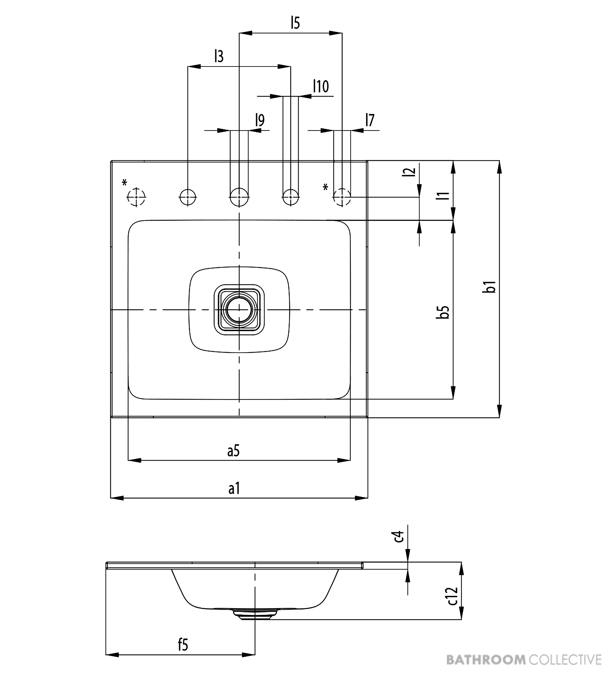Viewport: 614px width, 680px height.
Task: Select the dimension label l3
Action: pyautogui.click(x=219, y=56)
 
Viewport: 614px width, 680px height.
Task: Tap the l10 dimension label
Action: pyautogui.click(x=321, y=86)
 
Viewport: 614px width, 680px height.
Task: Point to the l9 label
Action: pyautogui.click(x=260, y=120)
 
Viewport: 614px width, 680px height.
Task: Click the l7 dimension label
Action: pyautogui.click(x=370, y=120)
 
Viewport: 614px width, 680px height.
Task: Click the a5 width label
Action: pyautogui.click(x=233, y=451)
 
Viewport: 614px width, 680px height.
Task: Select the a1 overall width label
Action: pyautogui.click(x=234, y=488)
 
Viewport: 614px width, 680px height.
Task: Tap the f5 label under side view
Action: pyautogui.click(x=183, y=645)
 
